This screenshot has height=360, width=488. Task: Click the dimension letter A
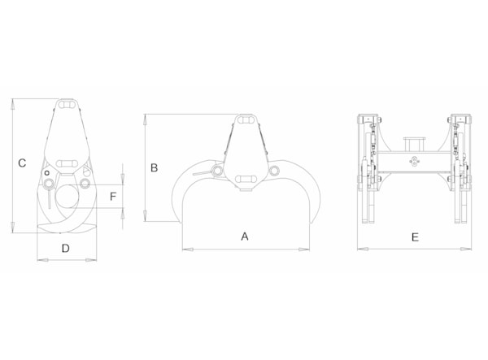(245, 236)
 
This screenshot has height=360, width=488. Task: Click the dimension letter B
(154, 168)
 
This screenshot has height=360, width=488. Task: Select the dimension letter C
(22, 163)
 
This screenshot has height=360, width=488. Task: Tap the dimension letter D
(65, 249)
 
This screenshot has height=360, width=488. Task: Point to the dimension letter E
(415, 237)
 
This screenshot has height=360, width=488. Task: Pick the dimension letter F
(113, 197)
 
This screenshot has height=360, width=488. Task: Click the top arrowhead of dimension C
(13, 104)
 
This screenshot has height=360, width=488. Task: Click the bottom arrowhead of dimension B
(145, 215)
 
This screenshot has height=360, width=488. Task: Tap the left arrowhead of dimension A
(188, 249)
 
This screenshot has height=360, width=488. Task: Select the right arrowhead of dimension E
(466, 249)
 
